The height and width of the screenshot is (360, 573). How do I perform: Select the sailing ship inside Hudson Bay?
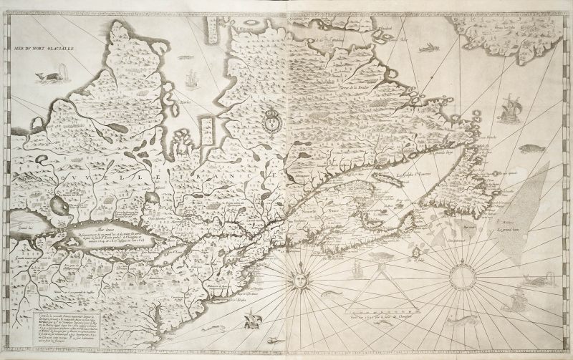191,77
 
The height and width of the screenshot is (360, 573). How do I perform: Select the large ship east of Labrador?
510,107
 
